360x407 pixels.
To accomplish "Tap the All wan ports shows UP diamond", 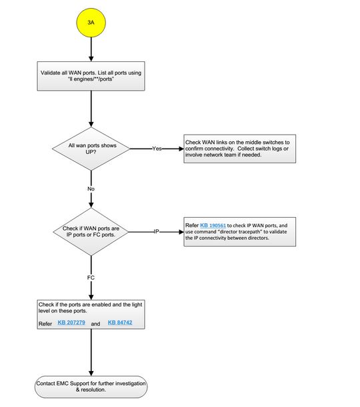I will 90,149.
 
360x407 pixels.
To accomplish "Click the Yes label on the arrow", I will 157,149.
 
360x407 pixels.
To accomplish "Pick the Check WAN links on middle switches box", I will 240,149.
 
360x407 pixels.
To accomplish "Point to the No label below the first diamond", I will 90,189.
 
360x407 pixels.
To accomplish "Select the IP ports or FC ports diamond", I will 90,232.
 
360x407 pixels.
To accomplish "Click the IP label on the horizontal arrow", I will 156,232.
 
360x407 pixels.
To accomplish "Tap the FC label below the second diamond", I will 90,276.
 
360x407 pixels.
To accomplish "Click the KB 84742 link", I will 121,322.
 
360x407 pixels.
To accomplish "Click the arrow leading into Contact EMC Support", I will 90,353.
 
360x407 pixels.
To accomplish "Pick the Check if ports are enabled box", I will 90,314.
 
